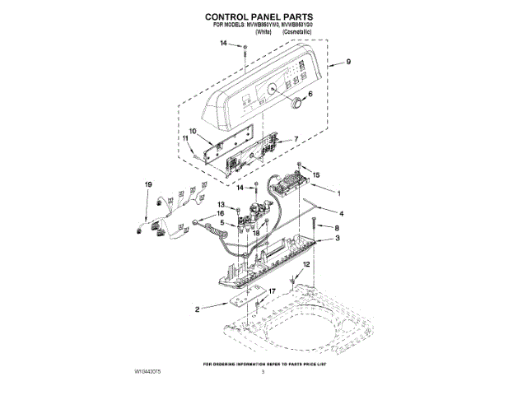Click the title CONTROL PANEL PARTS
click(263, 16)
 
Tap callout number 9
click(348, 62)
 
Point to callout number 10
click(192, 132)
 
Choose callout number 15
click(315, 175)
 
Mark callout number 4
click(340, 212)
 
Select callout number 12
click(308, 264)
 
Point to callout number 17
click(273, 290)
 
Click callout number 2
click(198, 310)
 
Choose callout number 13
click(221, 204)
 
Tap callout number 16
click(221, 214)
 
